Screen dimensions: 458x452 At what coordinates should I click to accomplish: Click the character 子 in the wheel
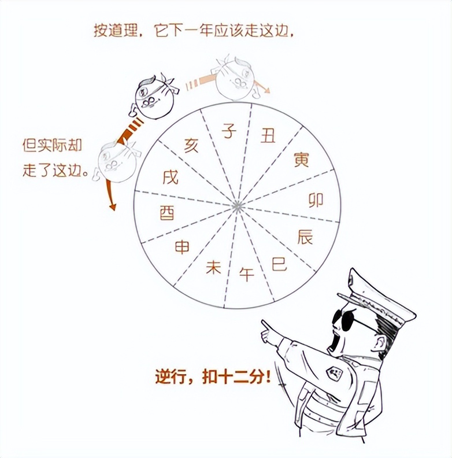click(x=229, y=132)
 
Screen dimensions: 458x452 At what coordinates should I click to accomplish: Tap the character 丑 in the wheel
click(x=268, y=136)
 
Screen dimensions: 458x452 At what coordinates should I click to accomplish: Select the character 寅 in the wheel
click(x=301, y=159)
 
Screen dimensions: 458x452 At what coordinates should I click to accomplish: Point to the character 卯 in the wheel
click(x=316, y=200)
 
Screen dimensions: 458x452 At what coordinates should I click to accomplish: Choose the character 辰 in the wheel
click(x=305, y=237)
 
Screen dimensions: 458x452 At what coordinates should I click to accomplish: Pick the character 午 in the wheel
click(x=247, y=274)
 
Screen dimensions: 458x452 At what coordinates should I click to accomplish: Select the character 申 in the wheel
click(x=182, y=248)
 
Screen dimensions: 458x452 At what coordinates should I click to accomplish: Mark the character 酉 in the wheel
click(x=167, y=213)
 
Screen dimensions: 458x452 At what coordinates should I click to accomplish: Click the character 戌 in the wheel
click(x=171, y=177)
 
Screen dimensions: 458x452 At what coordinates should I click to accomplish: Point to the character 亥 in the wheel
click(x=191, y=145)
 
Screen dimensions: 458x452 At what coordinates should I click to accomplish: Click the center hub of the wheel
click(x=236, y=206)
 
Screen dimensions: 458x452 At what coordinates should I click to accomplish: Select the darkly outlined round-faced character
click(x=153, y=98)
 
